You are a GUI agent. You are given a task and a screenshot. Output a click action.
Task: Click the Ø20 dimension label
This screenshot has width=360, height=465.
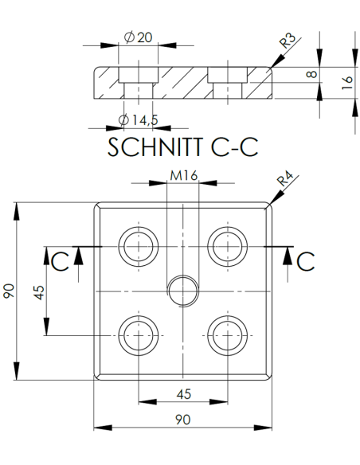click(139, 37)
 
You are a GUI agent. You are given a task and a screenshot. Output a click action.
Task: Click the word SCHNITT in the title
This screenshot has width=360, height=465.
click(151, 148)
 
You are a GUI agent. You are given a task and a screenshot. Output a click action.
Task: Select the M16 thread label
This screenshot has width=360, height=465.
click(182, 177)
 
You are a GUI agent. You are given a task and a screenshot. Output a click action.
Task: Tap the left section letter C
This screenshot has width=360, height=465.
click(59, 260)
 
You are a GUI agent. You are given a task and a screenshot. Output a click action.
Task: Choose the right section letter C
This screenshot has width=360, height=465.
click(307, 260)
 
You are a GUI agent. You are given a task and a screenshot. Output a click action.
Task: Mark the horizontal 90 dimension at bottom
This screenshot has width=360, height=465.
click(182, 417)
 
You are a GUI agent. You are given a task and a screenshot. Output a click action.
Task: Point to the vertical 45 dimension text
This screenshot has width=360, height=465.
click(37, 292)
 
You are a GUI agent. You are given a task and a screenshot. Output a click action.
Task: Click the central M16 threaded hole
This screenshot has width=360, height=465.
click(182, 291)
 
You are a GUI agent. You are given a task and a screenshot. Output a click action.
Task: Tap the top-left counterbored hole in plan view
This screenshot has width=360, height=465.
click(138, 246)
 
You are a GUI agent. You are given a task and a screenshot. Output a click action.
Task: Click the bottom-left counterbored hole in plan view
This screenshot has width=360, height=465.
click(138, 335)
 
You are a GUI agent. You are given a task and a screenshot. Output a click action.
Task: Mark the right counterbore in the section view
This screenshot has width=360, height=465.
click(227, 81)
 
